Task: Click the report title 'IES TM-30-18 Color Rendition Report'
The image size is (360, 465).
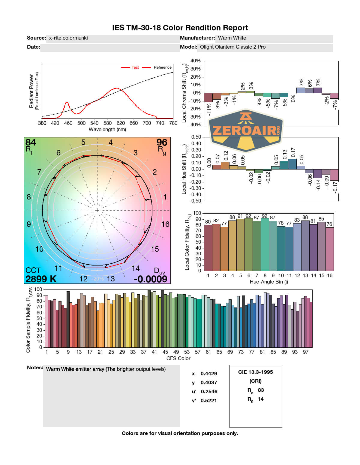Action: (x=180, y=28)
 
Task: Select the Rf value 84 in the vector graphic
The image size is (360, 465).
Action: (x=31, y=142)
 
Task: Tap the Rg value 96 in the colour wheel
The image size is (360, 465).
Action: (x=162, y=142)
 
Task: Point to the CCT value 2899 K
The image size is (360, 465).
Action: (x=41, y=279)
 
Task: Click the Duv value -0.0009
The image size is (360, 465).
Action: (x=151, y=279)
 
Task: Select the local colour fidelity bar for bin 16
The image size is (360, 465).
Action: (x=330, y=249)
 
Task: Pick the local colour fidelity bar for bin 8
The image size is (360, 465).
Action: (x=265, y=244)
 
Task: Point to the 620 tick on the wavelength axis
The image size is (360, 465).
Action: (x=121, y=123)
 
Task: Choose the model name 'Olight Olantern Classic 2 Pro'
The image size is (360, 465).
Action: (x=233, y=47)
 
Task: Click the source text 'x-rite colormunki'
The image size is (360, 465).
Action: (x=68, y=38)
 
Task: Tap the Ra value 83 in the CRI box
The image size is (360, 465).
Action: (x=261, y=390)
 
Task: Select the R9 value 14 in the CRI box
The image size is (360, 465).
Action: (x=261, y=399)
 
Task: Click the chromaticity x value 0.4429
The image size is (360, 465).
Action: (x=209, y=373)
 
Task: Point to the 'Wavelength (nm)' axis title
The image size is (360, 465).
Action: (x=107, y=130)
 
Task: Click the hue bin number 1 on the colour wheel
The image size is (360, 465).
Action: (x=165, y=197)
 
